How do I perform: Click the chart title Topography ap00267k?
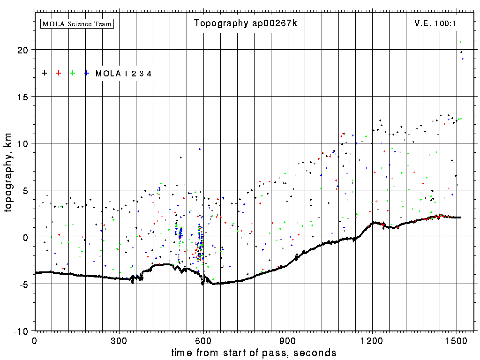[x=245, y=23]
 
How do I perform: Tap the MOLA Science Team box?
[x=77, y=23]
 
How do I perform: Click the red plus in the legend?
[x=59, y=73]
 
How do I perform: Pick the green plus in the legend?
[x=73, y=73]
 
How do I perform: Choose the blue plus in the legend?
[x=87, y=73]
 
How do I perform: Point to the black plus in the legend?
[x=45, y=73]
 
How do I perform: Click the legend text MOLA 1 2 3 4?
[x=123, y=74]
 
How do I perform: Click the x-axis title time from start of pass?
[x=254, y=352]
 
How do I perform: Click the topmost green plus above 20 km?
[x=460, y=42]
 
